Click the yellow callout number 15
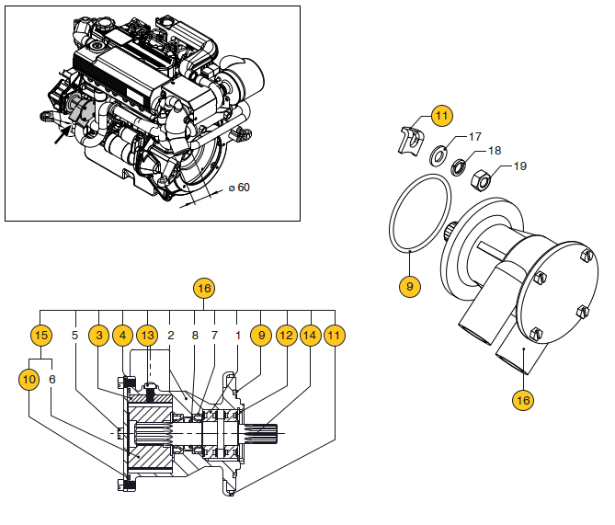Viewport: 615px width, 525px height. click(x=40, y=337)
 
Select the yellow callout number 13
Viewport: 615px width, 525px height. click(x=147, y=337)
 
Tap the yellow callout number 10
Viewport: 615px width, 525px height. click(x=28, y=378)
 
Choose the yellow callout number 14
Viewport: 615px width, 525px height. click(x=310, y=337)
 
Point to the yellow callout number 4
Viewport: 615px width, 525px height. click(x=123, y=337)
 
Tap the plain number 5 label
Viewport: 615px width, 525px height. click(x=75, y=336)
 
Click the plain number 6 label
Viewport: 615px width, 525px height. click(x=51, y=378)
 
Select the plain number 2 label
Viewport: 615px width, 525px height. click(x=171, y=336)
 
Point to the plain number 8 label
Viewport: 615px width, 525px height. click(x=194, y=336)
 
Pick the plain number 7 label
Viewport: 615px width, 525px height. click(x=214, y=336)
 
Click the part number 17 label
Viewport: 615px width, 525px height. click(x=475, y=137)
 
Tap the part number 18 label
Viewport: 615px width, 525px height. click(x=495, y=150)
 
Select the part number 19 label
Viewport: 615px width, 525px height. click(x=520, y=166)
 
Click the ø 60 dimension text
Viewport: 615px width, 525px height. click(x=238, y=188)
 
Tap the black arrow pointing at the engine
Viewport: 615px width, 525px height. click(x=61, y=135)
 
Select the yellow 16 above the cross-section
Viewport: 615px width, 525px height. click(x=204, y=289)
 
